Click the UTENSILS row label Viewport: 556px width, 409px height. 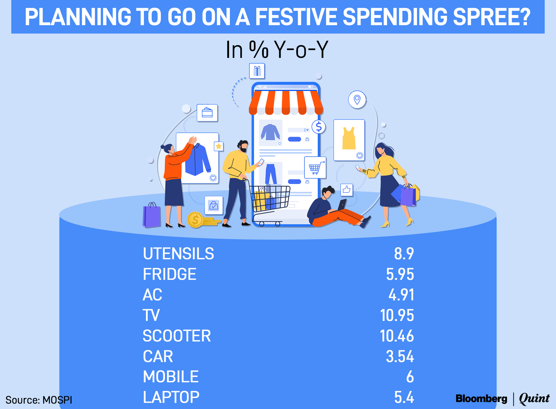coord(178,254)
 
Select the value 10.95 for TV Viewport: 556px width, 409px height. coord(397,315)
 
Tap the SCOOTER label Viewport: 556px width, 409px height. coord(177,336)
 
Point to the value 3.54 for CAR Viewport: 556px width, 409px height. coord(400,356)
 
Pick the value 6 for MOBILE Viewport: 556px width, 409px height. coord(410,377)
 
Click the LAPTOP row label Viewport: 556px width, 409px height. coord(171,397)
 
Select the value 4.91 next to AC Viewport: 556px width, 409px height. coord(401,295)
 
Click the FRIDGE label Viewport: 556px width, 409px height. coord(170,274)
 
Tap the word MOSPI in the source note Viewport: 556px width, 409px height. coord(57,400)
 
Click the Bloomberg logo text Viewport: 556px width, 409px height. coord(481,399)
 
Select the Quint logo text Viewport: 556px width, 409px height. coord(534,399)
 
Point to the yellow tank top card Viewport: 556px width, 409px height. coord(349,140)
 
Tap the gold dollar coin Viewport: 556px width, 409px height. coord(195,220)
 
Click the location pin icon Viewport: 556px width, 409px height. coord(357,100)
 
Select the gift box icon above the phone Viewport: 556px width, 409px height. coord(257,71)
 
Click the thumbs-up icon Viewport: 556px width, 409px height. coord(347,190)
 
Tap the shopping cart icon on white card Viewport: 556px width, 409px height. coord(315,168)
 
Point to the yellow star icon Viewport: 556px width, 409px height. coord(219,146)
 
